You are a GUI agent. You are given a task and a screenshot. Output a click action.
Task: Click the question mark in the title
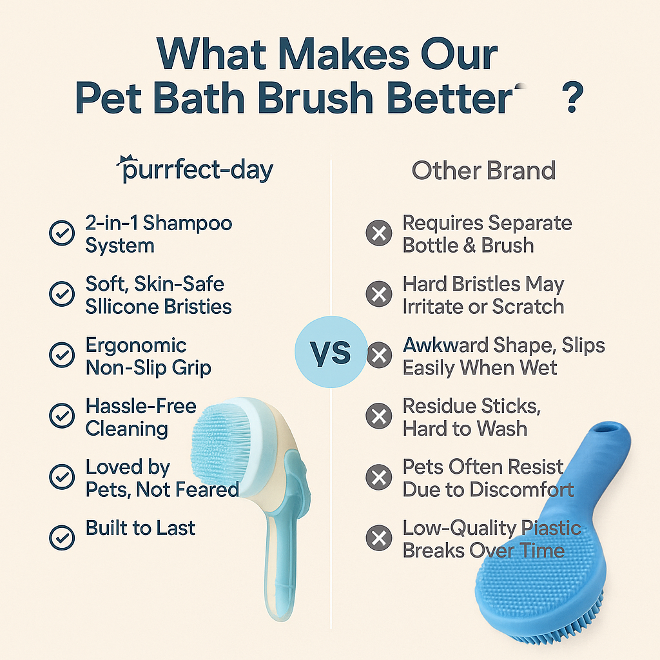[x=572, y=98]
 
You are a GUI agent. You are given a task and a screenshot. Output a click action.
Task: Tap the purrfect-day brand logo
[x=195, y=170]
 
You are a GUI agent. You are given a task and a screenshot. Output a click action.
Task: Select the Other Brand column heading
[x=483, y=170]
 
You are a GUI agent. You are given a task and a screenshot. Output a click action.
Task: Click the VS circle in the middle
[x=331, y=352]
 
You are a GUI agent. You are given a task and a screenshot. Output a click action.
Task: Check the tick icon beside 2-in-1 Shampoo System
[x=62, y=233]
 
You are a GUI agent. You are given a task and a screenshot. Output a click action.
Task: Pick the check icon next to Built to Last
[x=62, y=538]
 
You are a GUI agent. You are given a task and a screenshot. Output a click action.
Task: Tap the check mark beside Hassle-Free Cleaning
[x=62, y=416]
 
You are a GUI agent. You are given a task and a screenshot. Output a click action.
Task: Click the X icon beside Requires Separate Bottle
[x=379, y=233]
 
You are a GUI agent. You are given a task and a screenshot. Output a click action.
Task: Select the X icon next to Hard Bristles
[x=379, y=293]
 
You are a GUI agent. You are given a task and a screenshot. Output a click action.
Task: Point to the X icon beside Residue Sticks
[x=379, y=416]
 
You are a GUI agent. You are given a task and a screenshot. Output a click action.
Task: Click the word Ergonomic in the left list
[x=136, y=346]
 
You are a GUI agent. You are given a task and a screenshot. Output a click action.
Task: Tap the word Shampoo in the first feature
[x=188, y=224]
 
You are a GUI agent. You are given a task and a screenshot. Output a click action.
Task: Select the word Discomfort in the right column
[x=521, y=490]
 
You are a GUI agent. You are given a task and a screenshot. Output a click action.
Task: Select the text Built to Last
[x=140, y=528]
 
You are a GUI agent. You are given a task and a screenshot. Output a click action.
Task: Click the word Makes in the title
[x=344, y=54]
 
